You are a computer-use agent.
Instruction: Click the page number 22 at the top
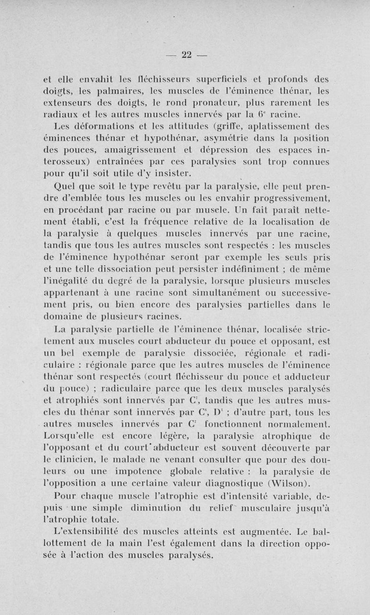186,55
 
